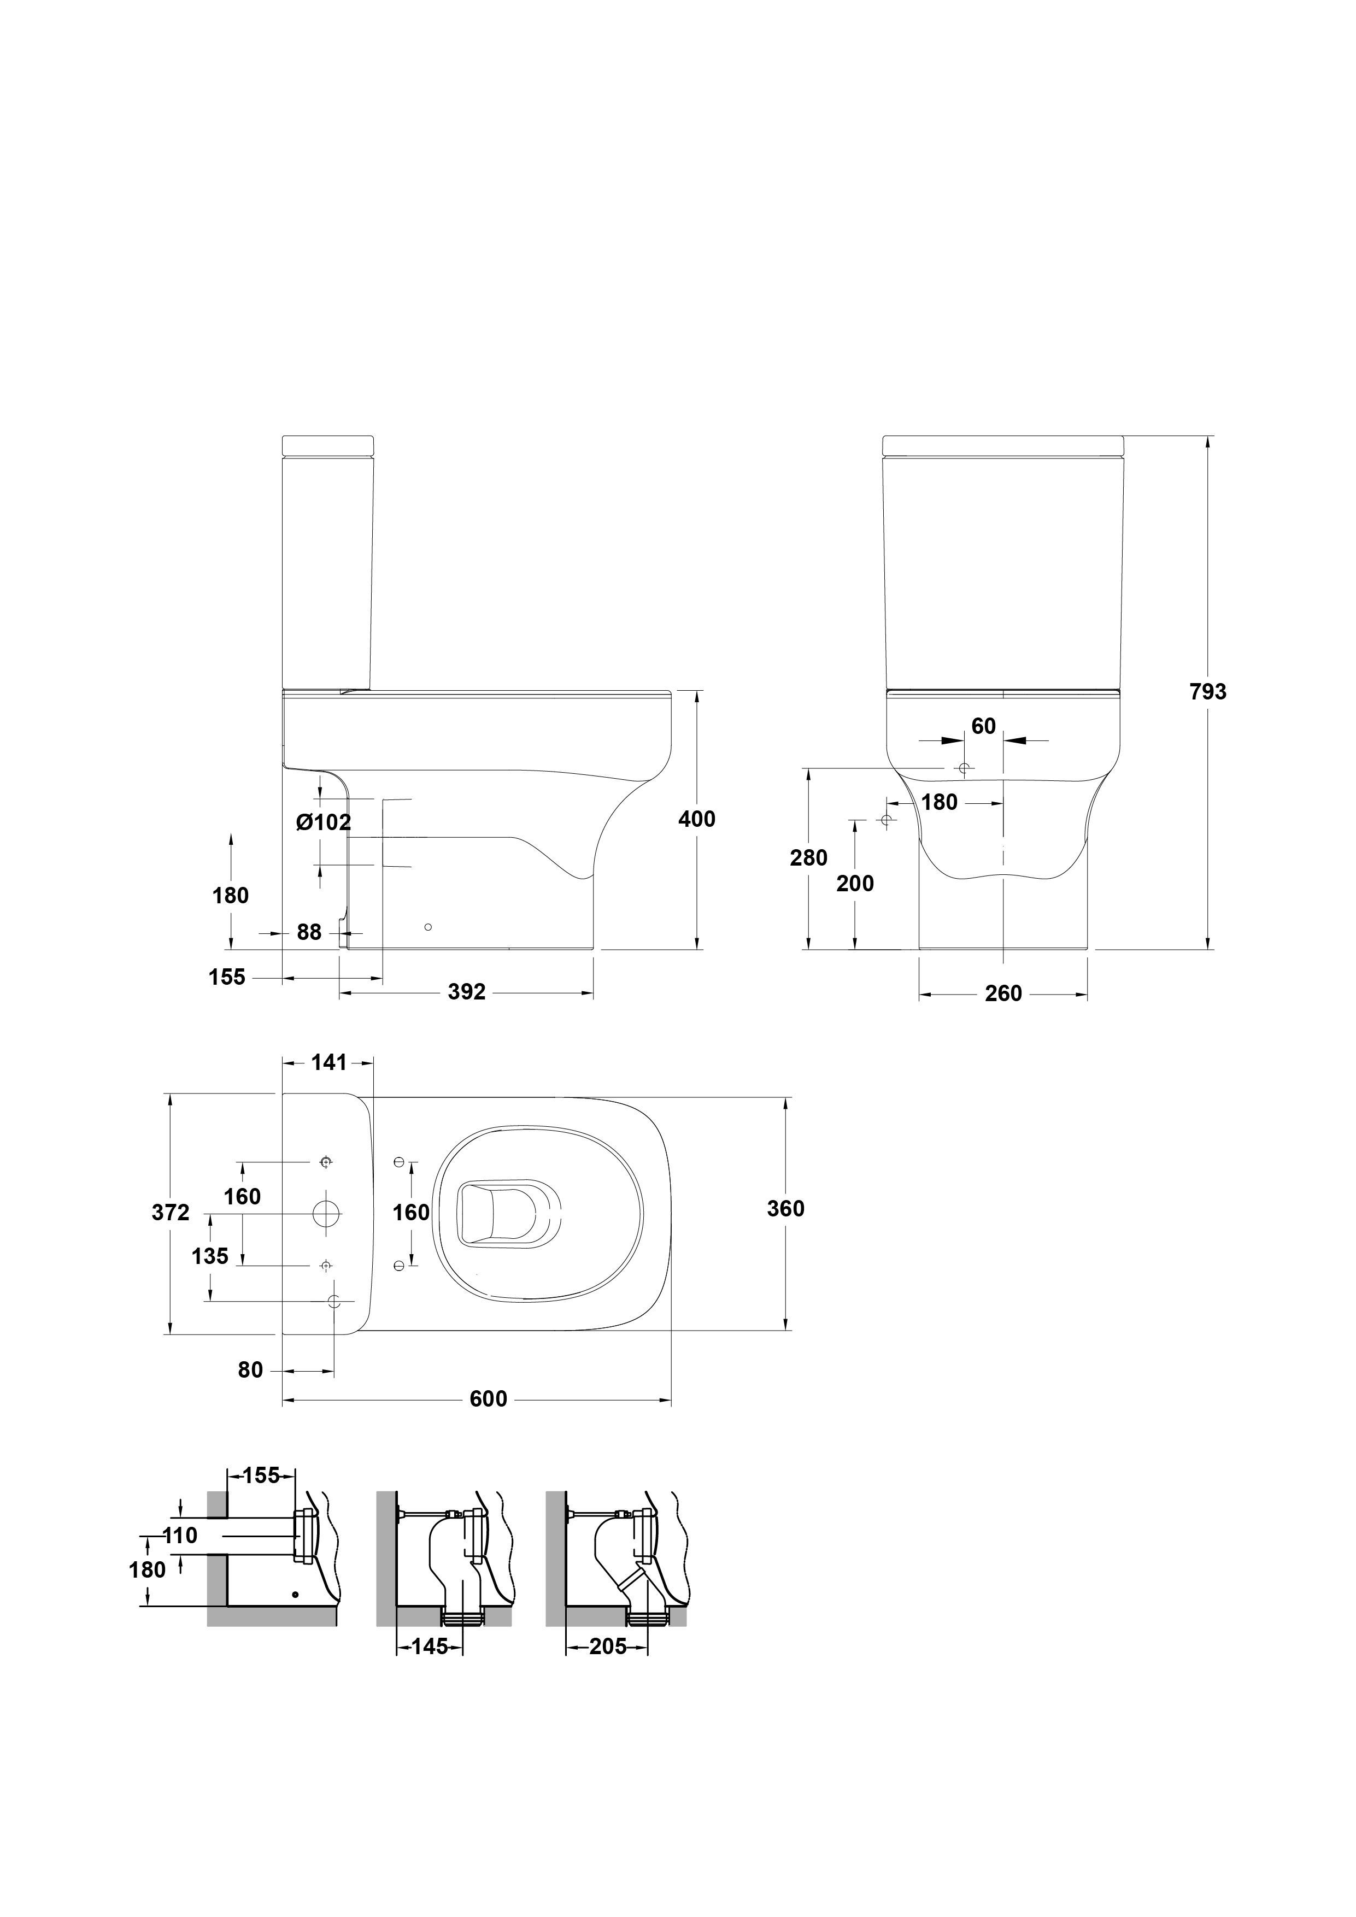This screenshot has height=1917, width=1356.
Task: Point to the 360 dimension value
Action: (x=786, y=1208)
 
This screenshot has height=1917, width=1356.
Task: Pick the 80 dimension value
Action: (x=250, y=1370)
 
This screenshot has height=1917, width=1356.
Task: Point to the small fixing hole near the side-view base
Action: (x=428, y=927)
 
